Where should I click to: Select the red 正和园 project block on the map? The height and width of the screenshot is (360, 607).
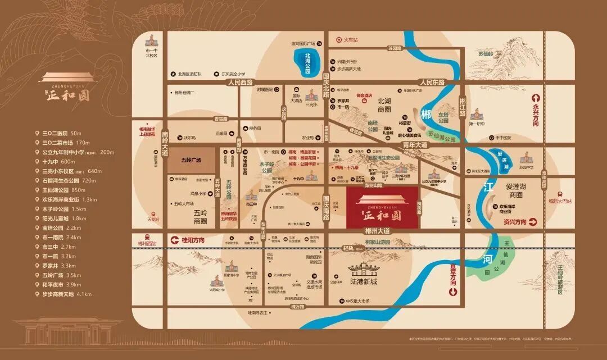click(x=382, y=207)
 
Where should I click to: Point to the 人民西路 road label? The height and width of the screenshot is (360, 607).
click(x=241, y=82)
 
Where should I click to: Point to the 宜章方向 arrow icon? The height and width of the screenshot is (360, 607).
click(x=453, y=292)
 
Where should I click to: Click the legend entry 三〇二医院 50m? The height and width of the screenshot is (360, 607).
click(x=62, y=133)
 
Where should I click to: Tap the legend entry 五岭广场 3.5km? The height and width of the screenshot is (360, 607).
click(x=62, y=275)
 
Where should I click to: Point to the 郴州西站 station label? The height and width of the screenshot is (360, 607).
click(x=147, y=244)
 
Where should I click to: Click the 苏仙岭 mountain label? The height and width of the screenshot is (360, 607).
click(x=485, y=54)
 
